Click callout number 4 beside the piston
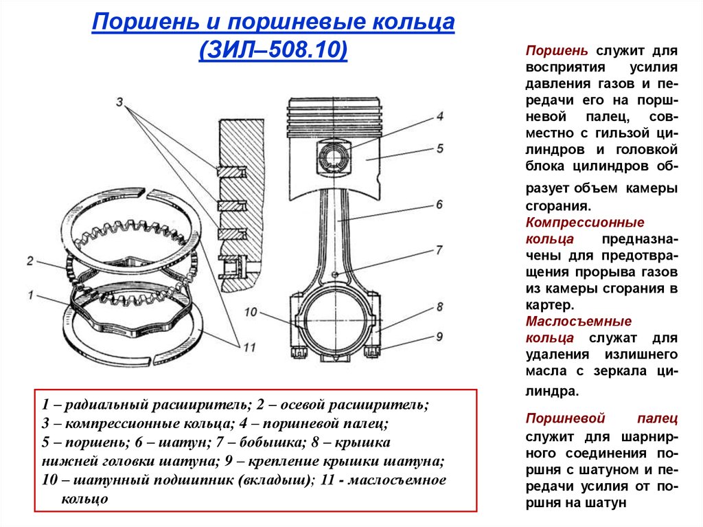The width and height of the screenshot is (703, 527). (x=439, y=116)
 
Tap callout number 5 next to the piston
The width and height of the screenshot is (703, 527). (x=439, y=148)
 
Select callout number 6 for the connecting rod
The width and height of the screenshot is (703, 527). (x=439, y=203)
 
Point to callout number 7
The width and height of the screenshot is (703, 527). (x=439, y=250)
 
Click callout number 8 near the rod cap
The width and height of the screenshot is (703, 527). (x=439, y=306)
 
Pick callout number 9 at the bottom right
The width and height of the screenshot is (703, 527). (x=439, y=336)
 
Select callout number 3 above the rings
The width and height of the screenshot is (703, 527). (x=120, y=102)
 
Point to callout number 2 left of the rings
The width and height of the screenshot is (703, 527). (x=30, y=260)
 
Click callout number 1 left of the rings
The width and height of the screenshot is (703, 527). (x=31, y=295)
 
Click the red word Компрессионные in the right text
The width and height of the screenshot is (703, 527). (x=585, y=223)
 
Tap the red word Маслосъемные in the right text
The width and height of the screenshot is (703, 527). (x=578, y=322)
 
